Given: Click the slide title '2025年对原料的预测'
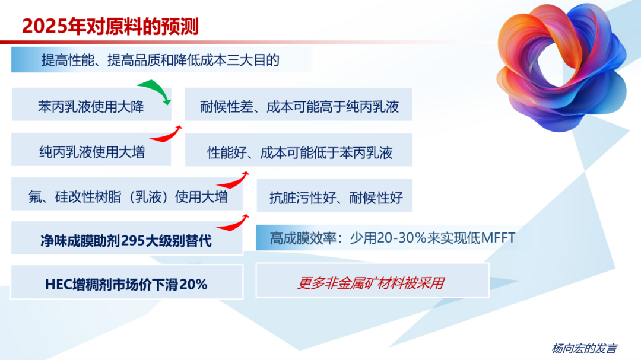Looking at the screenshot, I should coord(110,26).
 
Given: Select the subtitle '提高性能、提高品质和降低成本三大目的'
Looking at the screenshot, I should coord(160,60).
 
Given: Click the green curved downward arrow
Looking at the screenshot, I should coord(156,91).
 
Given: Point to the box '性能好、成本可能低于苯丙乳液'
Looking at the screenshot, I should coord(299,152).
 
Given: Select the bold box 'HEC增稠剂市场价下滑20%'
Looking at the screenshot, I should coord(126,284).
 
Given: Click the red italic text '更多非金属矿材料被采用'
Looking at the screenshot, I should coord(372,283).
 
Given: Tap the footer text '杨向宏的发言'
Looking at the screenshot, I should coord(584,348).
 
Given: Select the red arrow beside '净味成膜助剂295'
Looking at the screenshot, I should coord(233,223).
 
